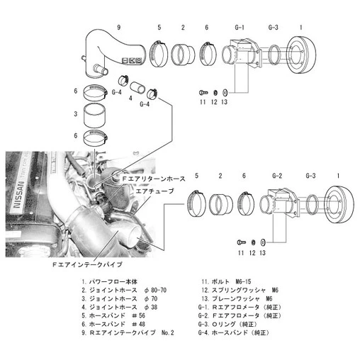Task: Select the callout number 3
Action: pos(75,113)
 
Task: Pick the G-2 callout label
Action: pos(277,174)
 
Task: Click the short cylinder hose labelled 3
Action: pos(99,114)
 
